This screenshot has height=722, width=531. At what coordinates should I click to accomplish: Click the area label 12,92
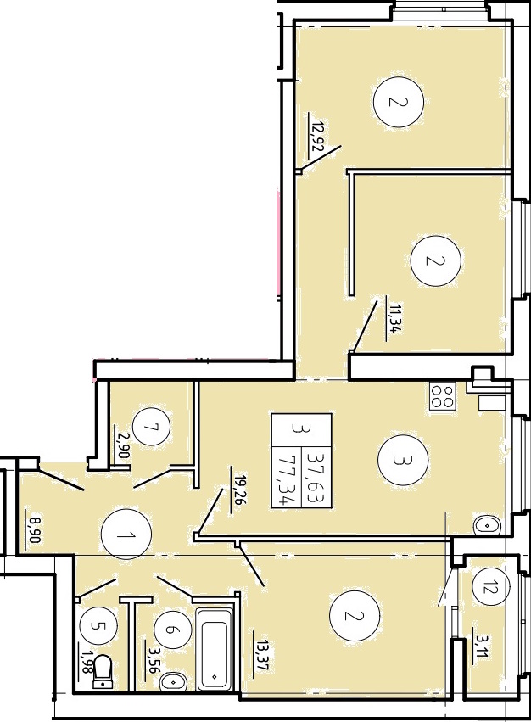(316, 137)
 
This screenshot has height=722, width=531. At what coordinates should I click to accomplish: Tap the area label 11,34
(392, 316)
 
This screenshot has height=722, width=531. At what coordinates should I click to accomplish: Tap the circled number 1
(126, 535)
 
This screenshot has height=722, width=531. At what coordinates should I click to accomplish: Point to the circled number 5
(98, 626)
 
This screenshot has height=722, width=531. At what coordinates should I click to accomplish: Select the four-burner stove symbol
(443, 396)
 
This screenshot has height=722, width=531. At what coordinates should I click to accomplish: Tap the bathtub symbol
(214, 649)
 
